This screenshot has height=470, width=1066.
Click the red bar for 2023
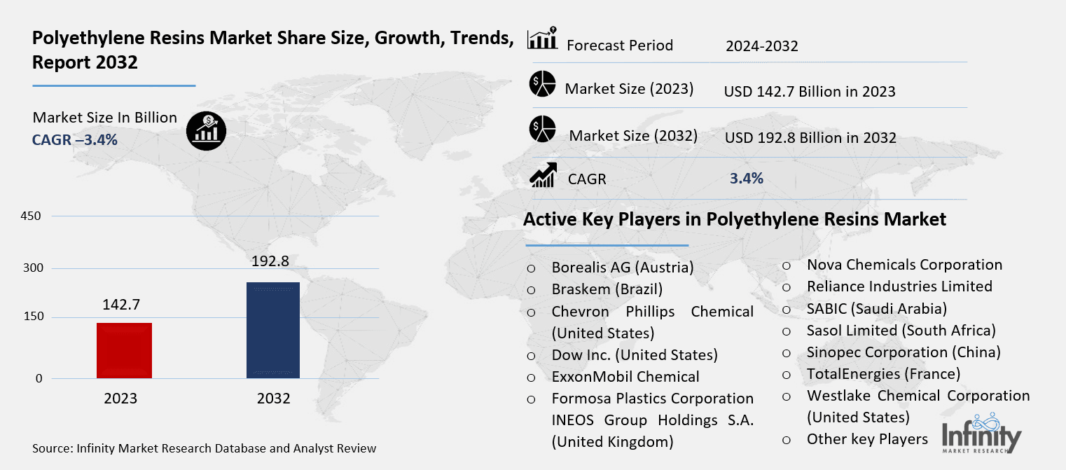pos(124,350)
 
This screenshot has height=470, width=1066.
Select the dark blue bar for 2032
pos(273,330)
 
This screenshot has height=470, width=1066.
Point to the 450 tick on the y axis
pos(32,216)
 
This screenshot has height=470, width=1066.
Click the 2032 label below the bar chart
pos(273,399)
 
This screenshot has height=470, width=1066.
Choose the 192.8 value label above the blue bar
pos(270,261)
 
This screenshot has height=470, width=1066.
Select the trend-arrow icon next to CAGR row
pos(543,175)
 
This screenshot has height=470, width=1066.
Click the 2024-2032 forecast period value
pos(761,47)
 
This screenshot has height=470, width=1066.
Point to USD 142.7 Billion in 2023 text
pos(810,91)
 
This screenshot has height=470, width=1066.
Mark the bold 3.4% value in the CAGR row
pos(746,179)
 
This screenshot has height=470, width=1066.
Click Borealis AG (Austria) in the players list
pos(622,268)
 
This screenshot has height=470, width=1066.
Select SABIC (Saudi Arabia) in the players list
pos(877,308)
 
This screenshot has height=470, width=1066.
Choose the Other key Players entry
pos(867,439)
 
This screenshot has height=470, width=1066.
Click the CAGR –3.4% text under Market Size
pos(75,140)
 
